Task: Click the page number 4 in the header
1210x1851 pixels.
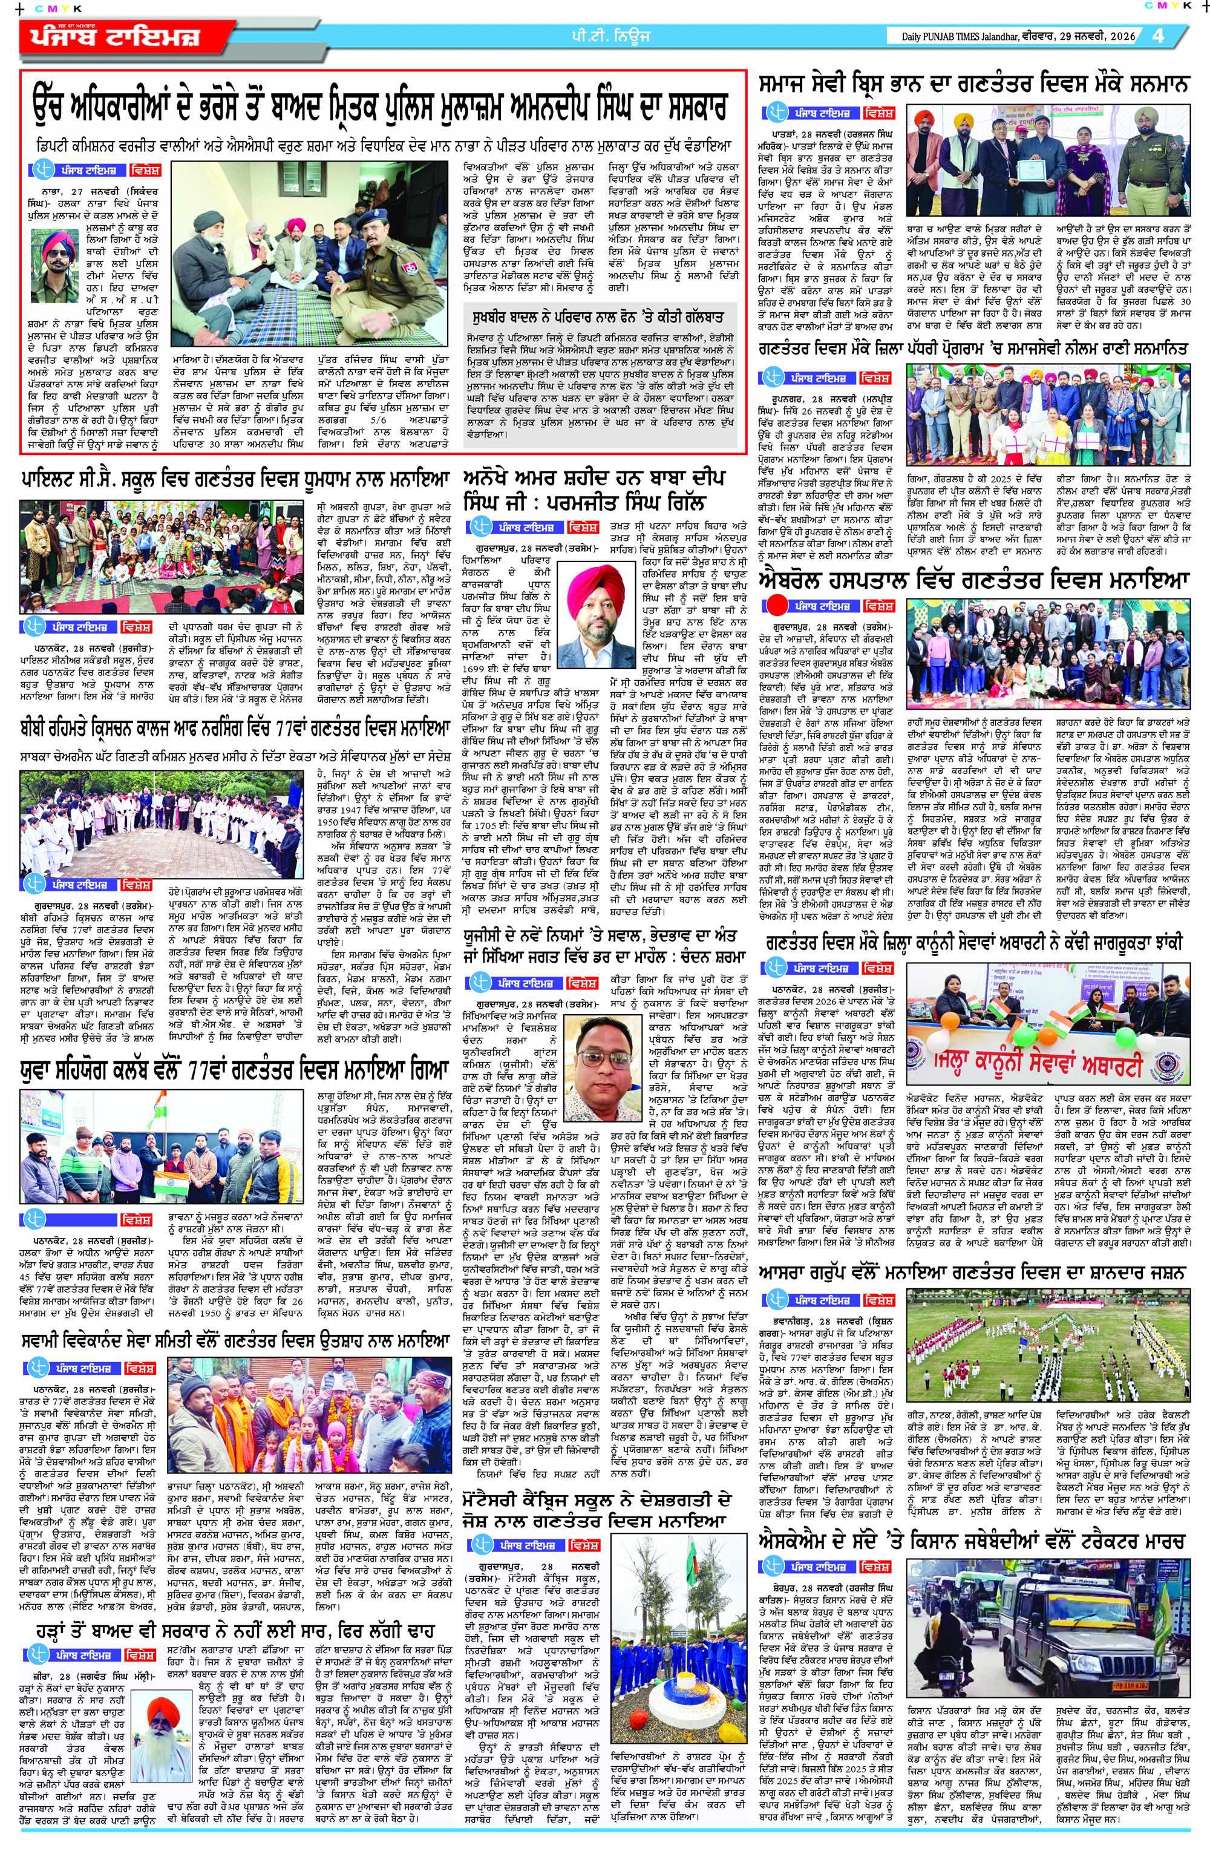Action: coord(1159,36)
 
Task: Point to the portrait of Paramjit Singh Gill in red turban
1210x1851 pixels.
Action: coord(597,614)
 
